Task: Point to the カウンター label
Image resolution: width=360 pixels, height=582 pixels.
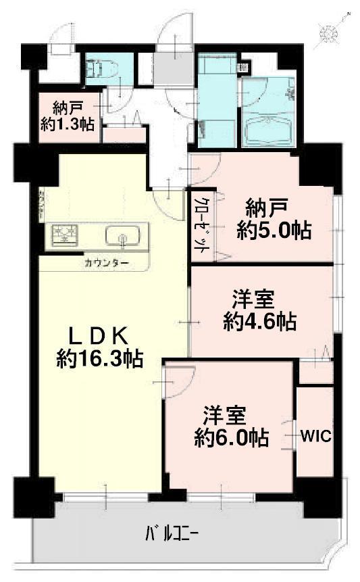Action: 105,262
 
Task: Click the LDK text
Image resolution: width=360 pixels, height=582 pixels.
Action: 100,335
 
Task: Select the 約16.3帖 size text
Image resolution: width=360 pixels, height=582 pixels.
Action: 99,358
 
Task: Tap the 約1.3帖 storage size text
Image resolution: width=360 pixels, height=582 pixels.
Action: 68,124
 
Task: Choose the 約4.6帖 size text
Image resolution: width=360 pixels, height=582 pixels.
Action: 260,322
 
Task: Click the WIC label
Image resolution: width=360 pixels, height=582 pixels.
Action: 315,435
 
